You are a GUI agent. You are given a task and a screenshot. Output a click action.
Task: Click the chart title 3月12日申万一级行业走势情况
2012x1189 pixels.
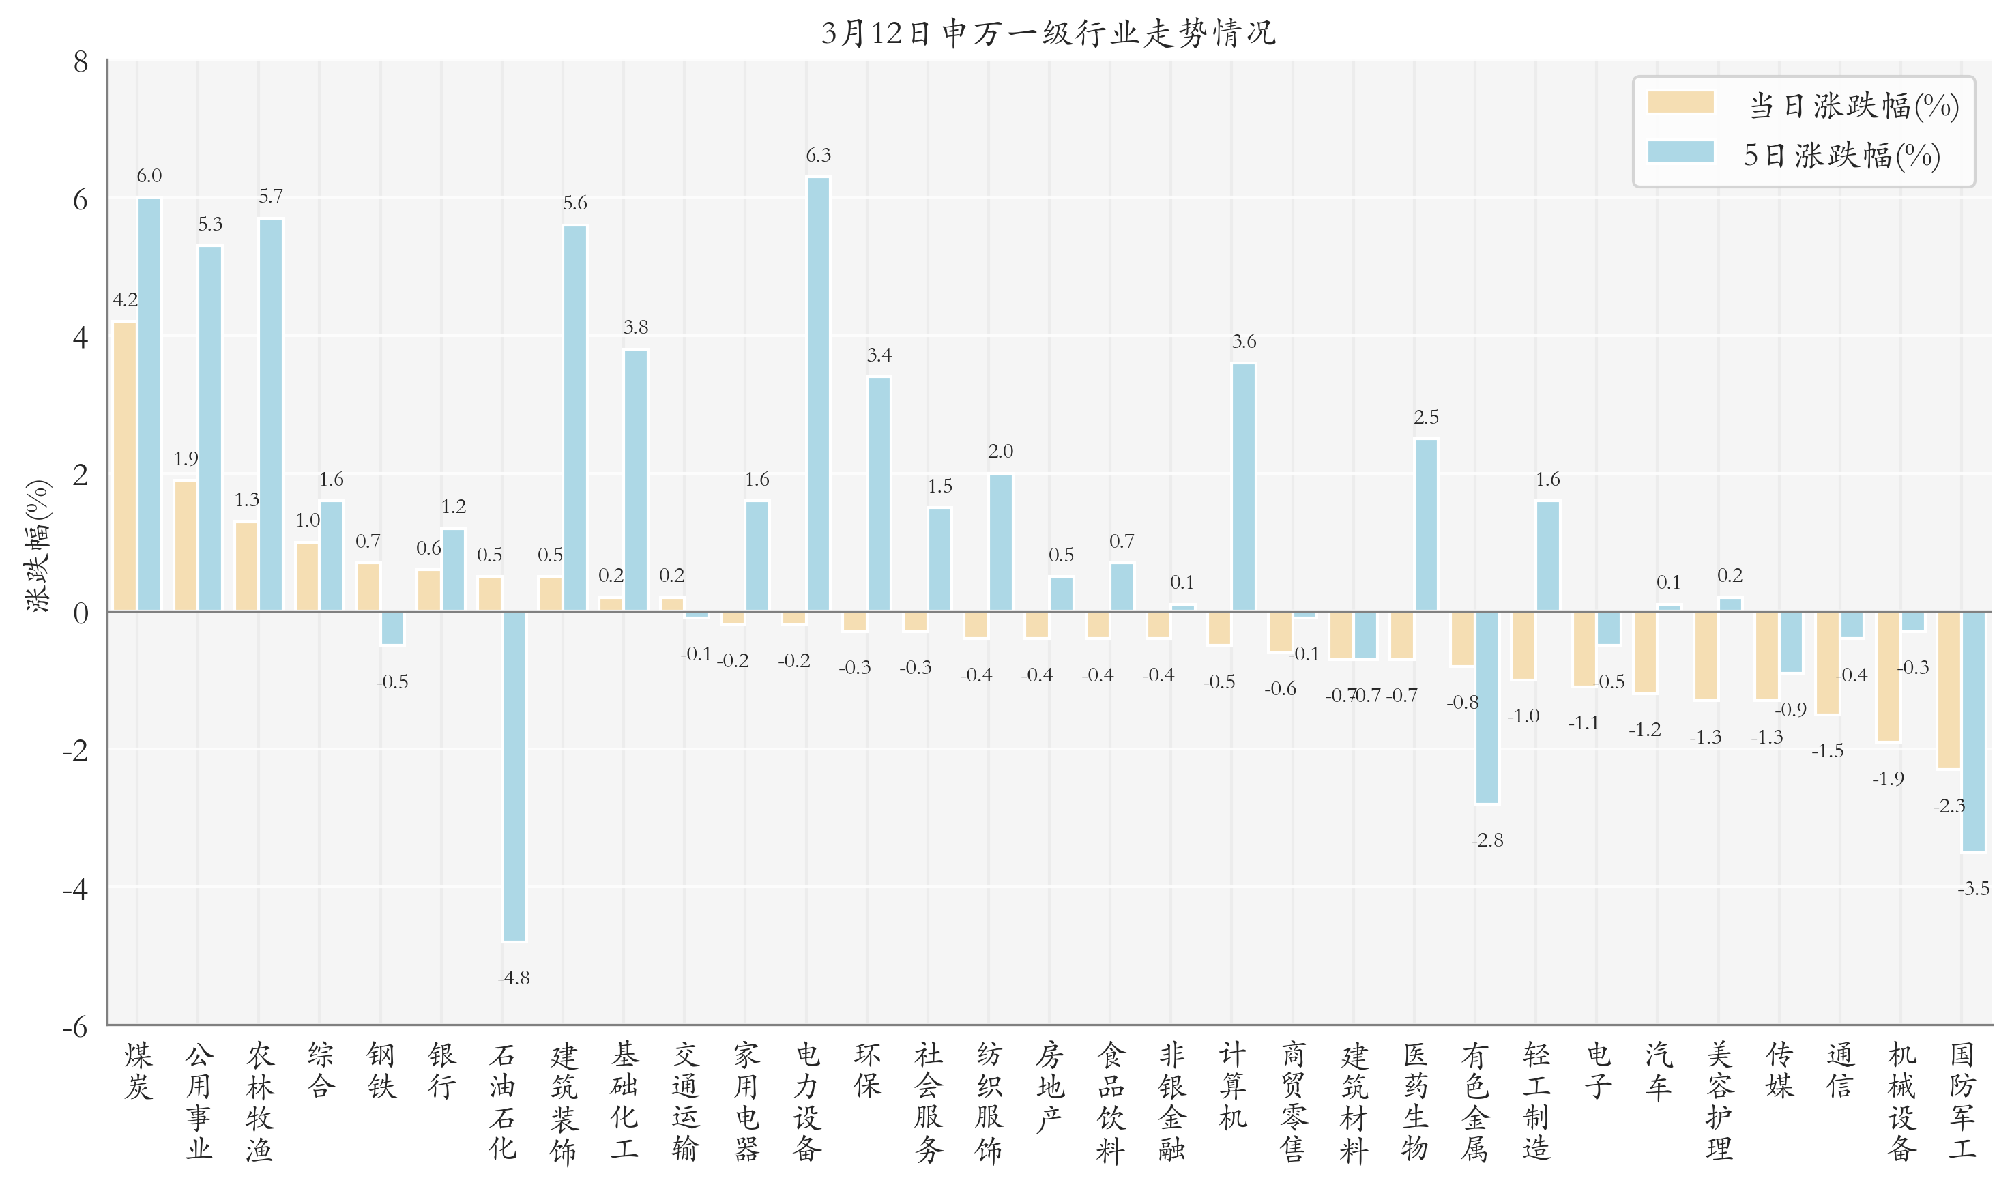(x=1048, y=33)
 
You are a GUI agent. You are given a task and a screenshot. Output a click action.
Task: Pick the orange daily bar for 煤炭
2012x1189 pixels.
(x=125, y=467)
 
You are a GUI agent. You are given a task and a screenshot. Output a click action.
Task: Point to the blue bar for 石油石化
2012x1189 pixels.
(x=514, y=776)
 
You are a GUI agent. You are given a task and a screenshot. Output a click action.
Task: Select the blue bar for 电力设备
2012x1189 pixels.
(x=818, y=394)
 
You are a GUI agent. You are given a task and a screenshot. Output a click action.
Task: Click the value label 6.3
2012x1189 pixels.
(x=818, y=156)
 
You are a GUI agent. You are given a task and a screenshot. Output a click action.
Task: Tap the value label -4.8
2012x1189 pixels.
(x=514, y=978)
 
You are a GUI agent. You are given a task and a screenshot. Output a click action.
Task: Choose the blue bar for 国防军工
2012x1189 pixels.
(x=1974, y=731)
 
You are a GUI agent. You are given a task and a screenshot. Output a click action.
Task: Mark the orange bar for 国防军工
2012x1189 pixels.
(x=1949, y=690)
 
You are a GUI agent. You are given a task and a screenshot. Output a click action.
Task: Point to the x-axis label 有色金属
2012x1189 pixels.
(x=1475, y=1102)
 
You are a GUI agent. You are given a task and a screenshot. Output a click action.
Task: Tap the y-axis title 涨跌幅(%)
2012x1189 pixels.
(x=38, y=546)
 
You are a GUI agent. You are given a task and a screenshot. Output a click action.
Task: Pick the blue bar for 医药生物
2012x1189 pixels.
(x=1426, y=525)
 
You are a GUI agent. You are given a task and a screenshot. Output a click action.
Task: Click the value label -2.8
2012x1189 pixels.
(x=1487, y=840)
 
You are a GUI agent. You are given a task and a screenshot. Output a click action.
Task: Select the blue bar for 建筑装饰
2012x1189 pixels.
(x=575, y=418)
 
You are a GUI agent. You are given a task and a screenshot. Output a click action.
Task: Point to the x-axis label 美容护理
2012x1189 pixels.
(x=1719, y=1102)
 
